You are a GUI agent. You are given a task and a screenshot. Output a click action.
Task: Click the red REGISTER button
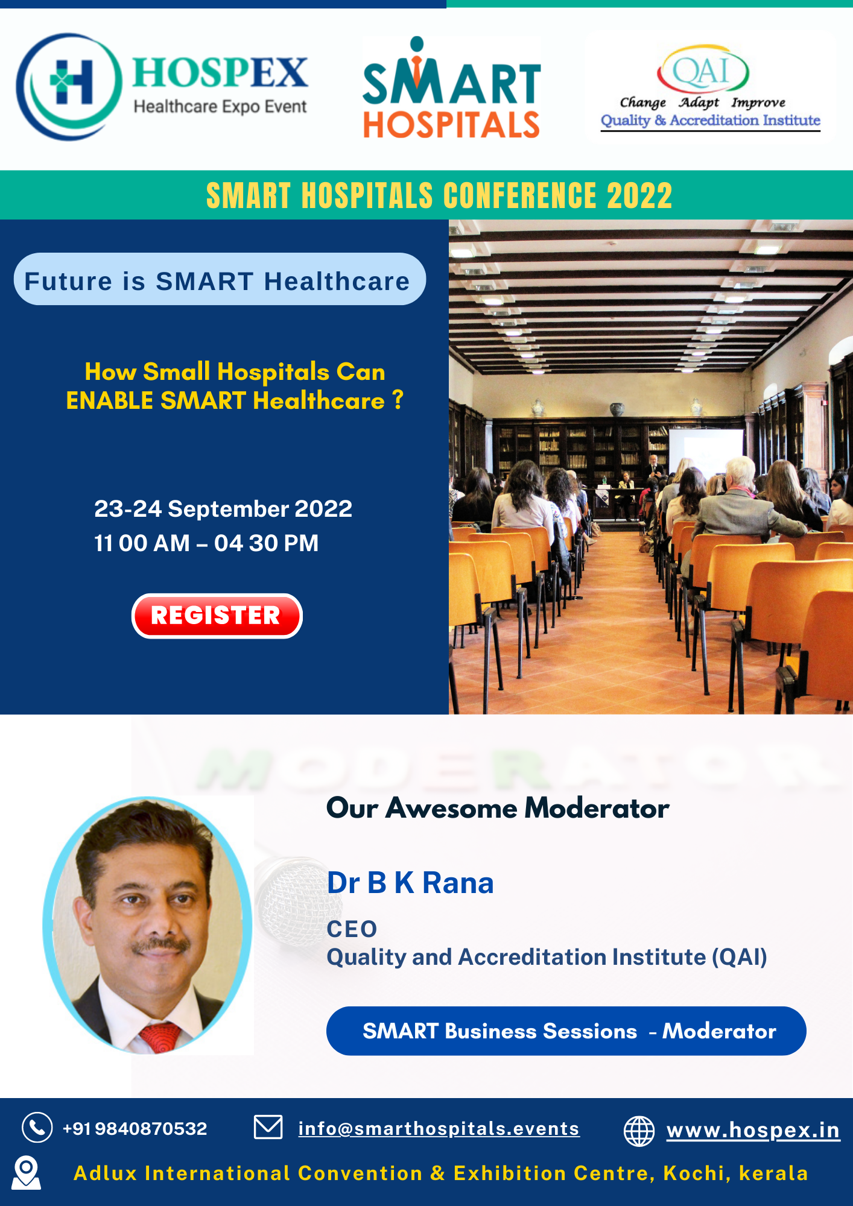click(217, 616)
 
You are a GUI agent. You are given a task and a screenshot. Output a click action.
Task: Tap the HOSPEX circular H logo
click(69, 87)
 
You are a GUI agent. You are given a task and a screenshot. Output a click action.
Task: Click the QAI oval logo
click(703, 70)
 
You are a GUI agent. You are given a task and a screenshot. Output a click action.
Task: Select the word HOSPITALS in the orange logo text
click(451, 125)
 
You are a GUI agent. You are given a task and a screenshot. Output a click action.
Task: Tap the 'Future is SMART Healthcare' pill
click(220, 279)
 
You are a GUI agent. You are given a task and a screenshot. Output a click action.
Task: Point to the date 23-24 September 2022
click(223, 509)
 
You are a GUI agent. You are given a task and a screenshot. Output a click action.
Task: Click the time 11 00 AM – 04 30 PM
click(206, 543)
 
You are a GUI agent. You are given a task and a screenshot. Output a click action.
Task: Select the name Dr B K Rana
click(410, 883)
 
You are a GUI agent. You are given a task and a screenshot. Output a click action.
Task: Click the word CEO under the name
click(352, 929)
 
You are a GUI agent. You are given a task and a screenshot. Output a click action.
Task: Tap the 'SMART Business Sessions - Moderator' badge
click(566, 1031)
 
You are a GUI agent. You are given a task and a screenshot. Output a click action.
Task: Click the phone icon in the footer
click(37, 1127)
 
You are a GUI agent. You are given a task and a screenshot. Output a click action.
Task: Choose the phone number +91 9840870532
click(135, 1128)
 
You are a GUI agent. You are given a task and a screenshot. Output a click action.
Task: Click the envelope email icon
click(268, 1127)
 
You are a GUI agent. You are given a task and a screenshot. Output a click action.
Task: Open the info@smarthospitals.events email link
click(439, 1128)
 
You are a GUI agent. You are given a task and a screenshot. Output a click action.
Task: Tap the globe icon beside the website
click(639, 1131)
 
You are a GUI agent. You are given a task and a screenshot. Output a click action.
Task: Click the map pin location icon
click(27, 1173)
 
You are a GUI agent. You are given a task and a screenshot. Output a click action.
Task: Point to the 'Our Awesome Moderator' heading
click(498, 808)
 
